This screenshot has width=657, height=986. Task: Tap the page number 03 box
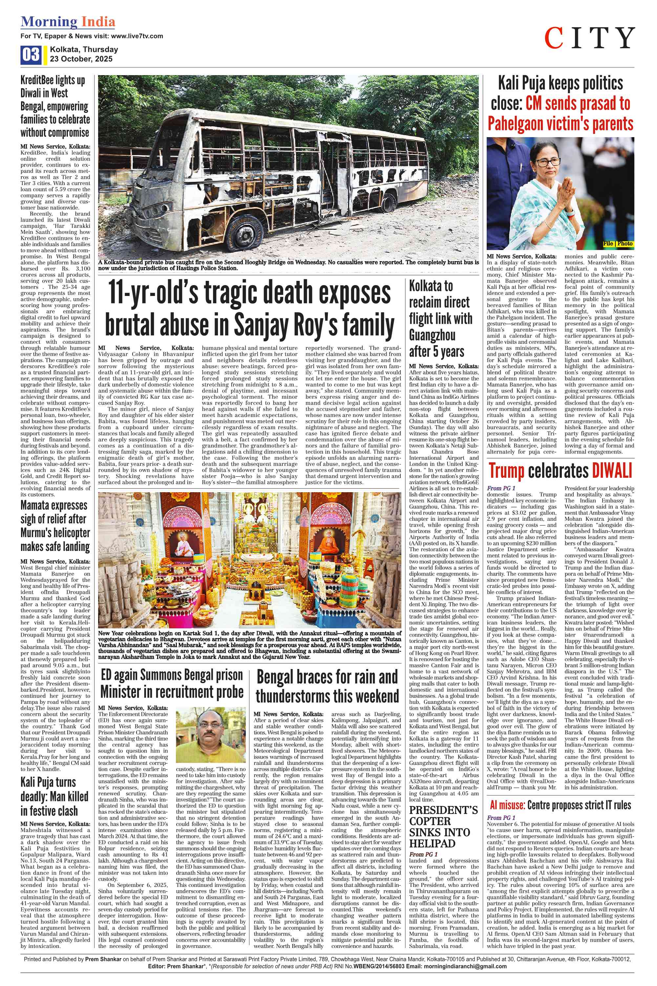click(31, 55)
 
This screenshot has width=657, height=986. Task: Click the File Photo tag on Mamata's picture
click(618, 244)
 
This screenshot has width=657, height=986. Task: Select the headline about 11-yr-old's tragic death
click(250, 309)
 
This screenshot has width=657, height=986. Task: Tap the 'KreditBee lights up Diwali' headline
click(55, 106)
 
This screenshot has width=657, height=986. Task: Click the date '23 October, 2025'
click(81, 59)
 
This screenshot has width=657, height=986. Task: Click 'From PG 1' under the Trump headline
click(501, 488)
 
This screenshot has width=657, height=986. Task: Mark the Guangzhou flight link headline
click(440, 318)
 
